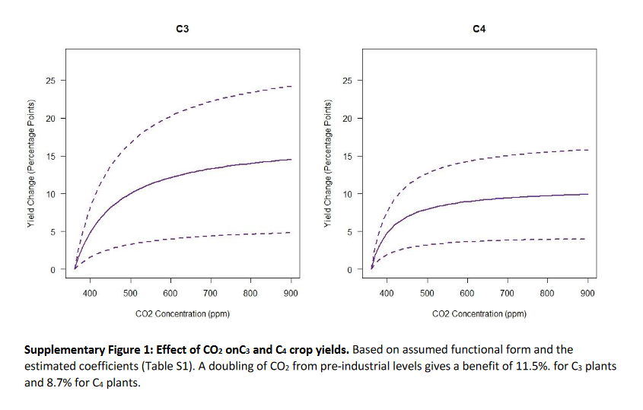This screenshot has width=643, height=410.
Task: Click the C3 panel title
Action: [x=182, y=29]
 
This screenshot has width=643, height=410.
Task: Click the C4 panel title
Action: [x=479, y=29]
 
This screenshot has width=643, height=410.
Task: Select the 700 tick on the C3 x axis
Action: [x=211, y=292]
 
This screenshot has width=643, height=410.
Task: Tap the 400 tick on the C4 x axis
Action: [x=386, y=292]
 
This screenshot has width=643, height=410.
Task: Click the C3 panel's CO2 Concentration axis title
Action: [x=182, y=313]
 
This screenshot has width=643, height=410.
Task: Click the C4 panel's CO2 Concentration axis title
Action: [x=479, y=313]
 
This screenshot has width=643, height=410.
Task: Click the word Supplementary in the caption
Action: [x=63, y=351]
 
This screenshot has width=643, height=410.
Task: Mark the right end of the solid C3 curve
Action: [x=291, y=159]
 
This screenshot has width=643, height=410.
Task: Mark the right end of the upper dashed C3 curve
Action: [x=291, y=86]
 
